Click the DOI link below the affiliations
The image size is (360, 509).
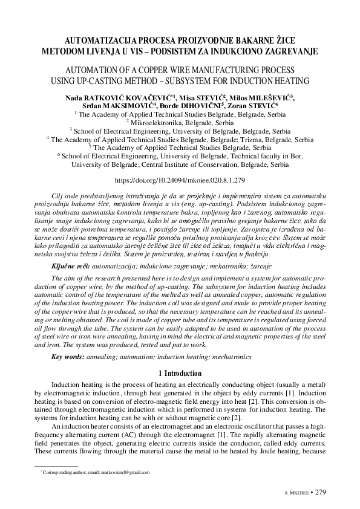coord(180,180)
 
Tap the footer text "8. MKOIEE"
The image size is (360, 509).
coord(296,493)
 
